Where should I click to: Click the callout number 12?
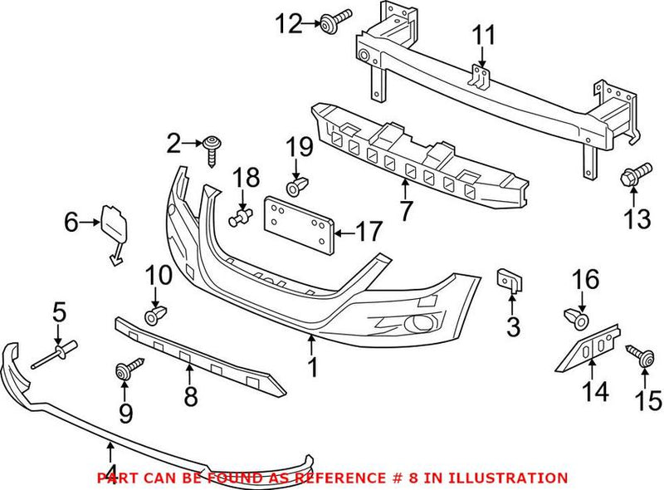pos(291,25)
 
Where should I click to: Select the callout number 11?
pos(483,36)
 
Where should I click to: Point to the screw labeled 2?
pos(212,150)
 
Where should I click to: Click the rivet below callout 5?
pos(55,355)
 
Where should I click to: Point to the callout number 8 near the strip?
pos(190,397)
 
